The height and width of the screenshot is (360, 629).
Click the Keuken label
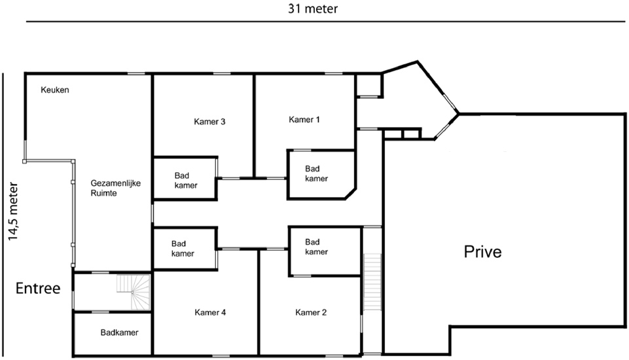[x=55, y=90]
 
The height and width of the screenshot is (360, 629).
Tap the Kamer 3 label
[x=209, y=122]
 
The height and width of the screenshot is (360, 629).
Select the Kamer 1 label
[x=304, y=120]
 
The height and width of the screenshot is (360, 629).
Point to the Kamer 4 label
[x=210, y=312]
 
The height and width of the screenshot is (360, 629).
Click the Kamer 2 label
[x=311, y=312]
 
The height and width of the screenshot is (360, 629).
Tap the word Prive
[x=482, y=251]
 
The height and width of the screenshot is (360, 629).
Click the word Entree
[x=38, y=288]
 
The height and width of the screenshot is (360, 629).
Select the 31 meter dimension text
[x=313, y=9]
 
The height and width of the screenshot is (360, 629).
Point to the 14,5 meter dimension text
[x=13, y=211]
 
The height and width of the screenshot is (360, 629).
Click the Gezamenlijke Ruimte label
[x=116, y=188]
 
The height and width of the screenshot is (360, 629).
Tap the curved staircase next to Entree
[x=134, y=292]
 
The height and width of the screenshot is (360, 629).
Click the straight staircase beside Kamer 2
[x=372, y=281]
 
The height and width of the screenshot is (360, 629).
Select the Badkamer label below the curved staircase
[x=120, y=333]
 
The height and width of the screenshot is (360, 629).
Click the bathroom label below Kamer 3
[x=186, y=180]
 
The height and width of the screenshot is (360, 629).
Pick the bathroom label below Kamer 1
[x=316, y=173]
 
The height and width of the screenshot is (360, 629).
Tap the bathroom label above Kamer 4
[x=183, y=249]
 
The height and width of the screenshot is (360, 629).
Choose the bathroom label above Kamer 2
[x=316, y=246]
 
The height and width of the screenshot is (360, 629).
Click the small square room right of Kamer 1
[x=369, y=85]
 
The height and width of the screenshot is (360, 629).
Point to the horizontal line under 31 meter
[x=326, y=21]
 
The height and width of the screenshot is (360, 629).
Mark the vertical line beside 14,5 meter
[x=3, y=214]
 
